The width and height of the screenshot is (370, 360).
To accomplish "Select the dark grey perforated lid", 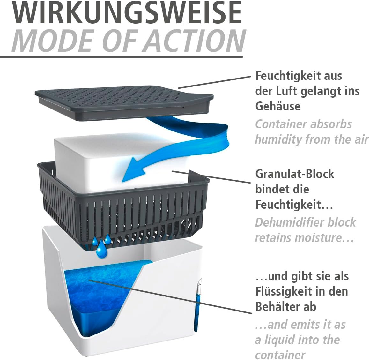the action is pos(124,103).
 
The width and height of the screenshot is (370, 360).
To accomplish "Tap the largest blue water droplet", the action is pos(102,249).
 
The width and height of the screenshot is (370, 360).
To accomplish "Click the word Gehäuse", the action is pos(278,106).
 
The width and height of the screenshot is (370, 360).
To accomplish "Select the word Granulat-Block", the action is pos(295,174).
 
